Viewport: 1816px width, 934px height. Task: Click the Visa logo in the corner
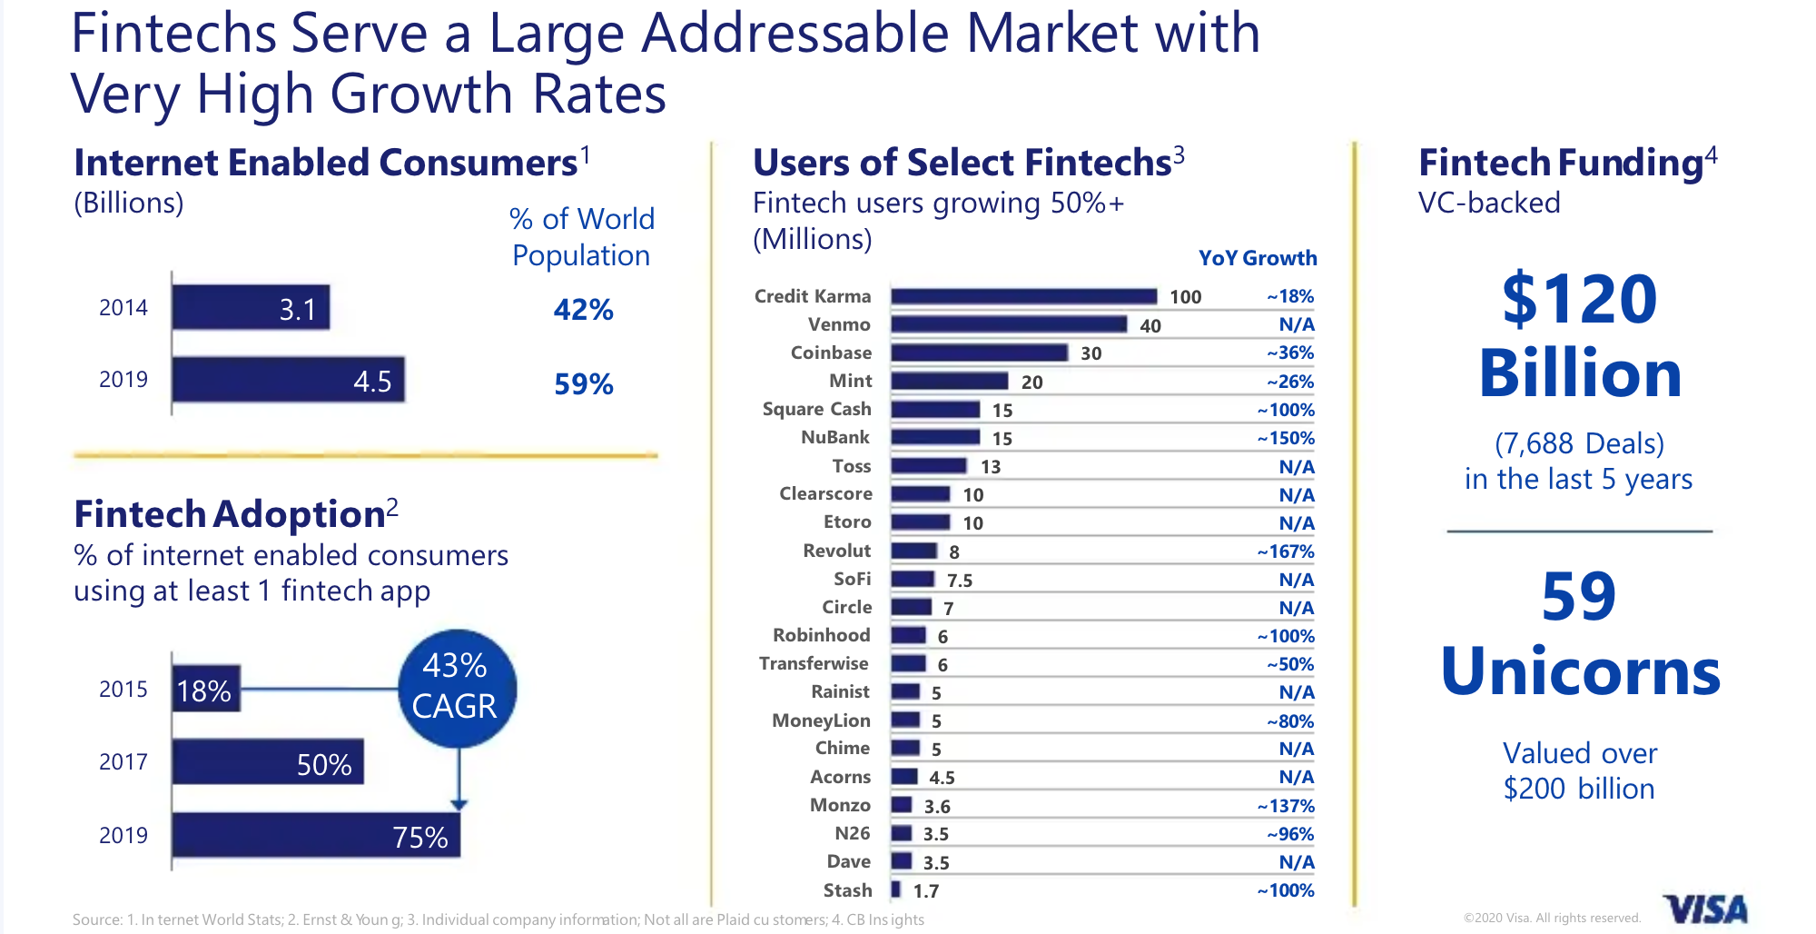pyautogui.click(x=1704, y=909)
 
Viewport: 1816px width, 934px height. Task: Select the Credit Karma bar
pyautogui.click(x=1023, y=296)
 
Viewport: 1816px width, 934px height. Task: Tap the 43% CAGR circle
pyautogui.click(x=457, y=688)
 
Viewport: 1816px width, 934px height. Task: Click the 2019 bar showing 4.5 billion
pyautogui.click(x=288, y=380)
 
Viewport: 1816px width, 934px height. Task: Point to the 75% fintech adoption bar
pyautogui.click(x=316, y=835)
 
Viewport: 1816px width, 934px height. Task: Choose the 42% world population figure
pyautogui.click(x=583, y=310)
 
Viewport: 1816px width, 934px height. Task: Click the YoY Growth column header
pyautogui.click(x=1257, y=258)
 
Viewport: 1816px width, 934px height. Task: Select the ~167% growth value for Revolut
pyautogui.click(x=1285, y=551)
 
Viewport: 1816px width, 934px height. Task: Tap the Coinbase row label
pyautogui.click(x=831, y=353)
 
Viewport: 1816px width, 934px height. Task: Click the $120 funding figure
pyautogui.click(x=1579, y=299)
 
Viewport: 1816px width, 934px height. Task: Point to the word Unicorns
pyautogui.click(x=1580, y=671)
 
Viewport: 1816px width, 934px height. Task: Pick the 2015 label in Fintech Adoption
pyautogui.click(x=123, y=690)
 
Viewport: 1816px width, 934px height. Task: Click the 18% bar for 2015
pyautogui.click(x=206, y=690)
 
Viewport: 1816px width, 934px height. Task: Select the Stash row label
pyautogui.click(x=847, y=890)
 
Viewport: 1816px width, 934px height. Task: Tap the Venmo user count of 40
pyautogui.click(x=1150, y=325)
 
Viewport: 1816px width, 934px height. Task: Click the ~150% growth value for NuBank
pyautogui.click(x=1285, y=438)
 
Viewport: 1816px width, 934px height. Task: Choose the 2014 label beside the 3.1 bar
pyautogui.click(x=123, y=308)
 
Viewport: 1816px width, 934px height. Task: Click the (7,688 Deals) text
pyautogui.click(x=1579, y=443)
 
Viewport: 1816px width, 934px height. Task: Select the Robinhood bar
pyautogui.click(x=908, y=635)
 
